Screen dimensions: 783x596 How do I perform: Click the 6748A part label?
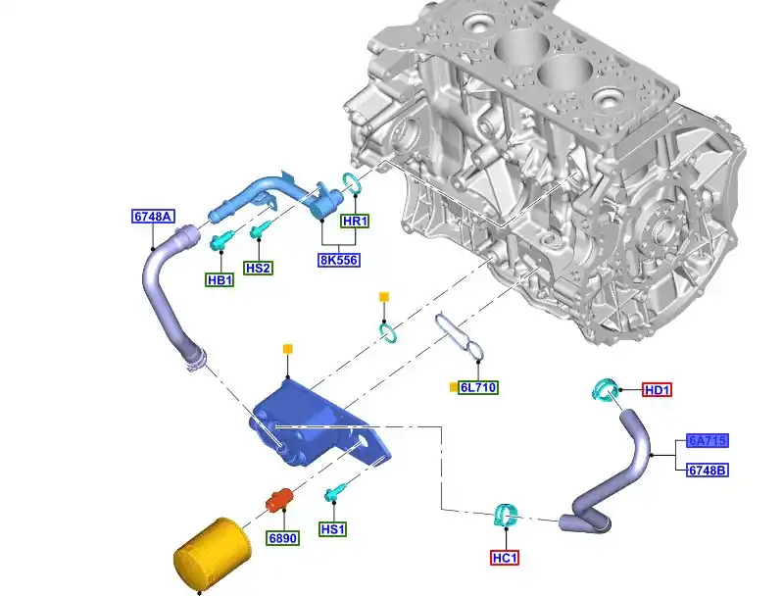pos(153,217)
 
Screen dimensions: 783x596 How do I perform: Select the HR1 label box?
pos(355,221)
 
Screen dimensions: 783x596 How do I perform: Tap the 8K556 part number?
pos(339,261)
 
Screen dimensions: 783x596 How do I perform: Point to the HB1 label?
pos(220,280)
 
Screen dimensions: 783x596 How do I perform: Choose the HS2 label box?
pos(258,269)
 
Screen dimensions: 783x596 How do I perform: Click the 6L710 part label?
pos(478,387)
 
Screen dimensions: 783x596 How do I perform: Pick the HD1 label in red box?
pos(657,390)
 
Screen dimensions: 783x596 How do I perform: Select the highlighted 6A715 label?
pos(708,441)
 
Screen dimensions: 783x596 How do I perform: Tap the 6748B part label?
pos(708,471)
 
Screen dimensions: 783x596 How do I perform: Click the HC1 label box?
pos(505,558)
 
